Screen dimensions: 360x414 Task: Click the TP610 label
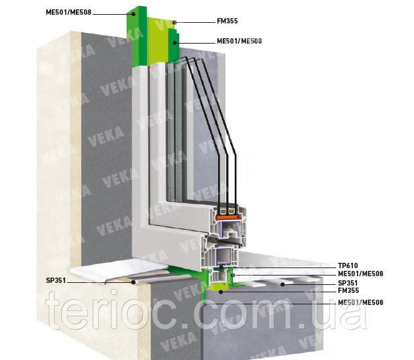point(348,266)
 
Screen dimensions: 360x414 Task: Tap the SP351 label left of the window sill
point(56,280)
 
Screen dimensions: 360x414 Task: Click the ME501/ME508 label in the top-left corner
point(68,12)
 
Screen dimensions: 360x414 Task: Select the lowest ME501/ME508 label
point(361,303)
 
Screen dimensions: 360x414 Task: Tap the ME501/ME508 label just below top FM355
point(239,41)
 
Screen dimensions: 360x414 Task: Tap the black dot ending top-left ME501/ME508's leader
point(134,13)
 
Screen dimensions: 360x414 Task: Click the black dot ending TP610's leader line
point(221,267)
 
